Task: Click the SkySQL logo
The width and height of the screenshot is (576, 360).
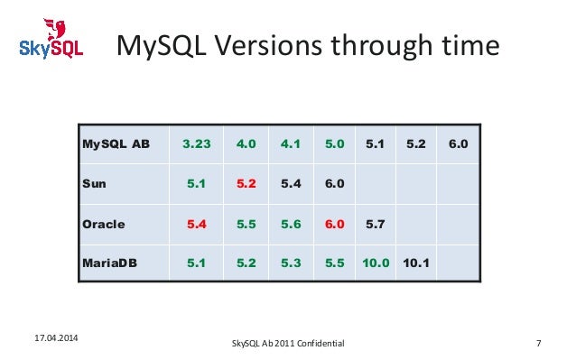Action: pos(51,39)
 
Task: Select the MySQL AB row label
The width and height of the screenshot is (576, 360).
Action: pos(116,143)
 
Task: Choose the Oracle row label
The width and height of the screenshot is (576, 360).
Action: pos(103,224)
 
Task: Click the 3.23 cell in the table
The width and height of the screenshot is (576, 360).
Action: pos(196,143)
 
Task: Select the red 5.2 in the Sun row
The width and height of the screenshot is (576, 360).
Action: pos(246,183)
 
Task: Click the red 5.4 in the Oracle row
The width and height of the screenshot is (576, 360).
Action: pos(196,224)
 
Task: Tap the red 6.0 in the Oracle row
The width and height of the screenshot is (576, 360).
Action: pos(334,224)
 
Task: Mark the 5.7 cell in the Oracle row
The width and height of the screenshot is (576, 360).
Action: pos(376,224)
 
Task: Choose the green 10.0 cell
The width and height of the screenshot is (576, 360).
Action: pos(376,264)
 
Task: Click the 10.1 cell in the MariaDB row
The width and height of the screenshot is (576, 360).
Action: pos(416,264)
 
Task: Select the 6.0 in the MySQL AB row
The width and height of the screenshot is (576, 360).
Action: pos(458,143)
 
